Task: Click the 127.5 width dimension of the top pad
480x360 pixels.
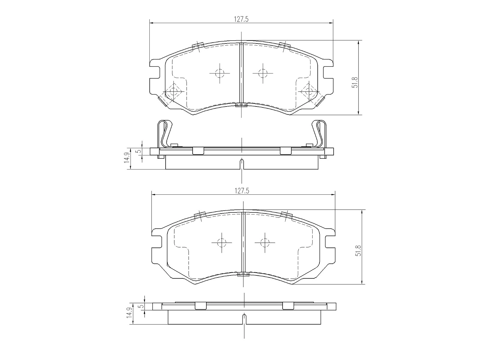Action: click(241, 19)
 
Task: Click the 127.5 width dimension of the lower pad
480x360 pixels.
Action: click(242, 191)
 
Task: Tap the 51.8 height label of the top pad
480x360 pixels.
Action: click(355, 82)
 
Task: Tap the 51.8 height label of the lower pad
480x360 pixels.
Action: click(358, 251)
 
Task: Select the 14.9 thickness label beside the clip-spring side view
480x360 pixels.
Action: click(127, 157)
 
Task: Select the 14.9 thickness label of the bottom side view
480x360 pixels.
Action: click(130, 313)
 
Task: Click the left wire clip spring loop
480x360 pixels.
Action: click(164, 133)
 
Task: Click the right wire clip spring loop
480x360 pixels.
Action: click(319, 133)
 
